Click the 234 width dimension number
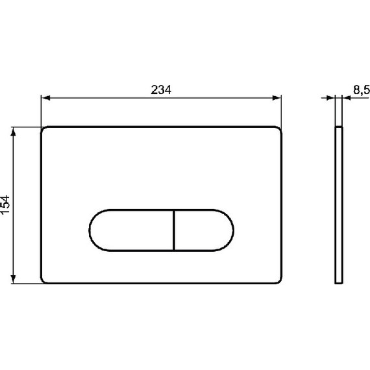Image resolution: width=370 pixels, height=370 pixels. [162, 90]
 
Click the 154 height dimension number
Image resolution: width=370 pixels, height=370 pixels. [6, 205]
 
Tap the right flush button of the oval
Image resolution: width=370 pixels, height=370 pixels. [201, 230]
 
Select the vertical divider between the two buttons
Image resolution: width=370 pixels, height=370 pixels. [174, 230]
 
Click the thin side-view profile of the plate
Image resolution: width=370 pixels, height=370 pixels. [339, 204]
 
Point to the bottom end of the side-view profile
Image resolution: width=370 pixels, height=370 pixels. [339, 283]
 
